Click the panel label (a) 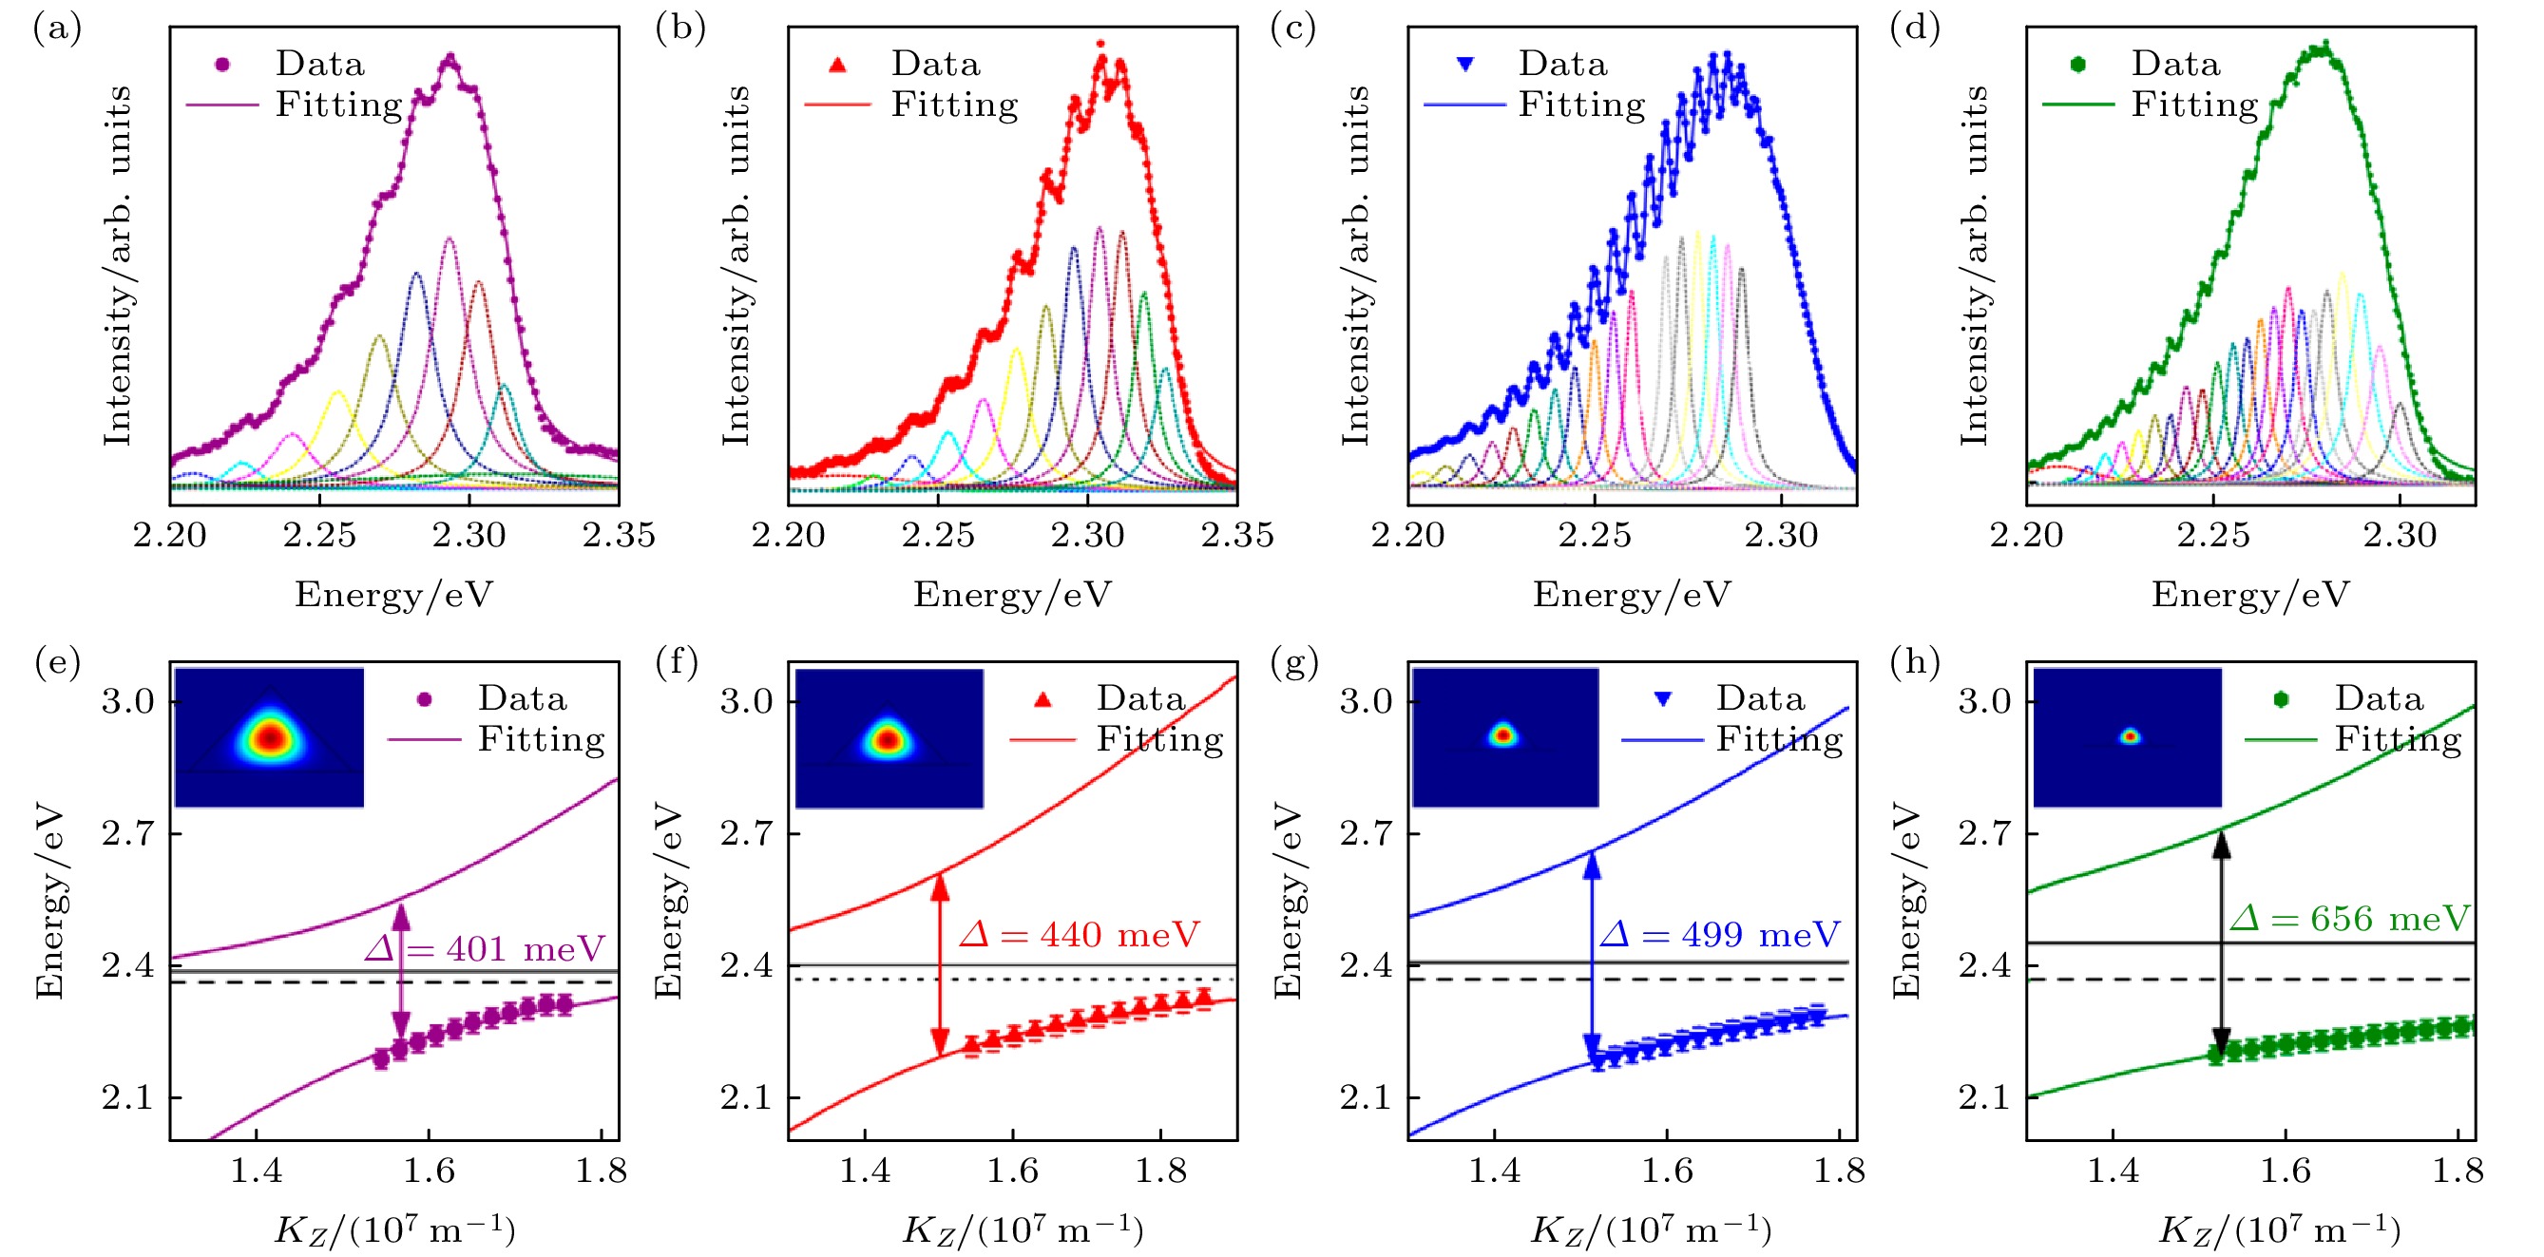point(56,29)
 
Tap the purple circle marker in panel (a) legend point(223,65)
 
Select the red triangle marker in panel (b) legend point(838,66)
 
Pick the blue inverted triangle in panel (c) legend point(1465,65)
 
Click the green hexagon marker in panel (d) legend point(2079,65)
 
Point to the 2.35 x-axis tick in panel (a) point(619,535)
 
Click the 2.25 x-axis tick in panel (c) point(1595,535)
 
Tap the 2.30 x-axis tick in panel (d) point(2400,535)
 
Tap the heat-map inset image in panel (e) point(269,737)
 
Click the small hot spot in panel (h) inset point(2131,736)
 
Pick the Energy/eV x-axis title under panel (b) point(1012,595)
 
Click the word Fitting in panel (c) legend point(1582,105)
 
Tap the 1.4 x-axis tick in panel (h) point(2113,1171)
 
